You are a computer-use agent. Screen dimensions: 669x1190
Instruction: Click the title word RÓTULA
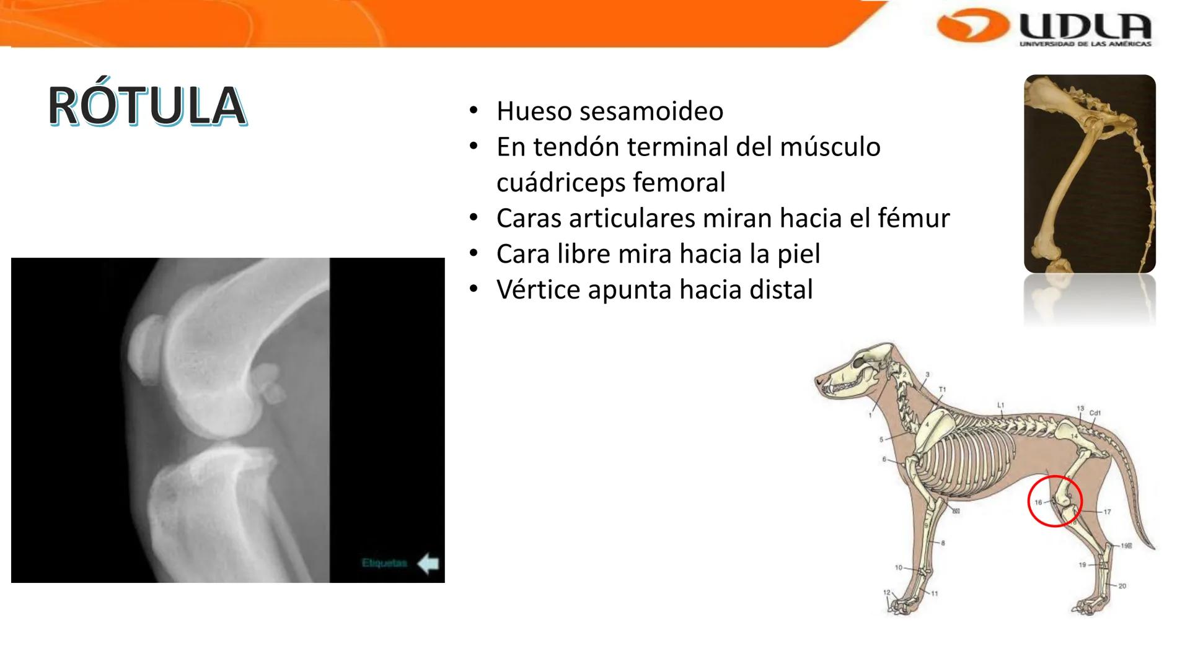point(147,107)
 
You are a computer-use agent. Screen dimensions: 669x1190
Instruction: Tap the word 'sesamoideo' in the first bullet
point(651,111)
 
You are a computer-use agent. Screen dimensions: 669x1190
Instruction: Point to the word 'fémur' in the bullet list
point(914,218)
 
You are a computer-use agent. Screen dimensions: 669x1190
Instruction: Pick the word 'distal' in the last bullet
point(780,290)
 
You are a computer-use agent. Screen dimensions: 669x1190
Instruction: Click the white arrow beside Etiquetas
point(428,564)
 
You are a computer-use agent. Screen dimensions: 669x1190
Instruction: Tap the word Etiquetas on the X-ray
point(384,563)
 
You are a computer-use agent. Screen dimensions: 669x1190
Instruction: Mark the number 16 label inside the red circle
point(1038,502)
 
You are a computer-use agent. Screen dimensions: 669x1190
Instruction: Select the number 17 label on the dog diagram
point(1107,512)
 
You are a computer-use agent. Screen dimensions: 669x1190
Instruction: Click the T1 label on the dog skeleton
point(942,390)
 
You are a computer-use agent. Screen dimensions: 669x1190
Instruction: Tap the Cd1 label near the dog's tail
point(1095,413)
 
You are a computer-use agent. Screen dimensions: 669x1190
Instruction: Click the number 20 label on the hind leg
point(1122,586)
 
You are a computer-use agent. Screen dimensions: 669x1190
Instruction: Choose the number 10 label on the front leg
point(898,567)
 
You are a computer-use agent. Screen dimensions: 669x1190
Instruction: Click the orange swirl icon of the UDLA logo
point(972,27)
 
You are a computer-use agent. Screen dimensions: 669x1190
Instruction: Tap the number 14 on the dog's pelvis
point(1075,437)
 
